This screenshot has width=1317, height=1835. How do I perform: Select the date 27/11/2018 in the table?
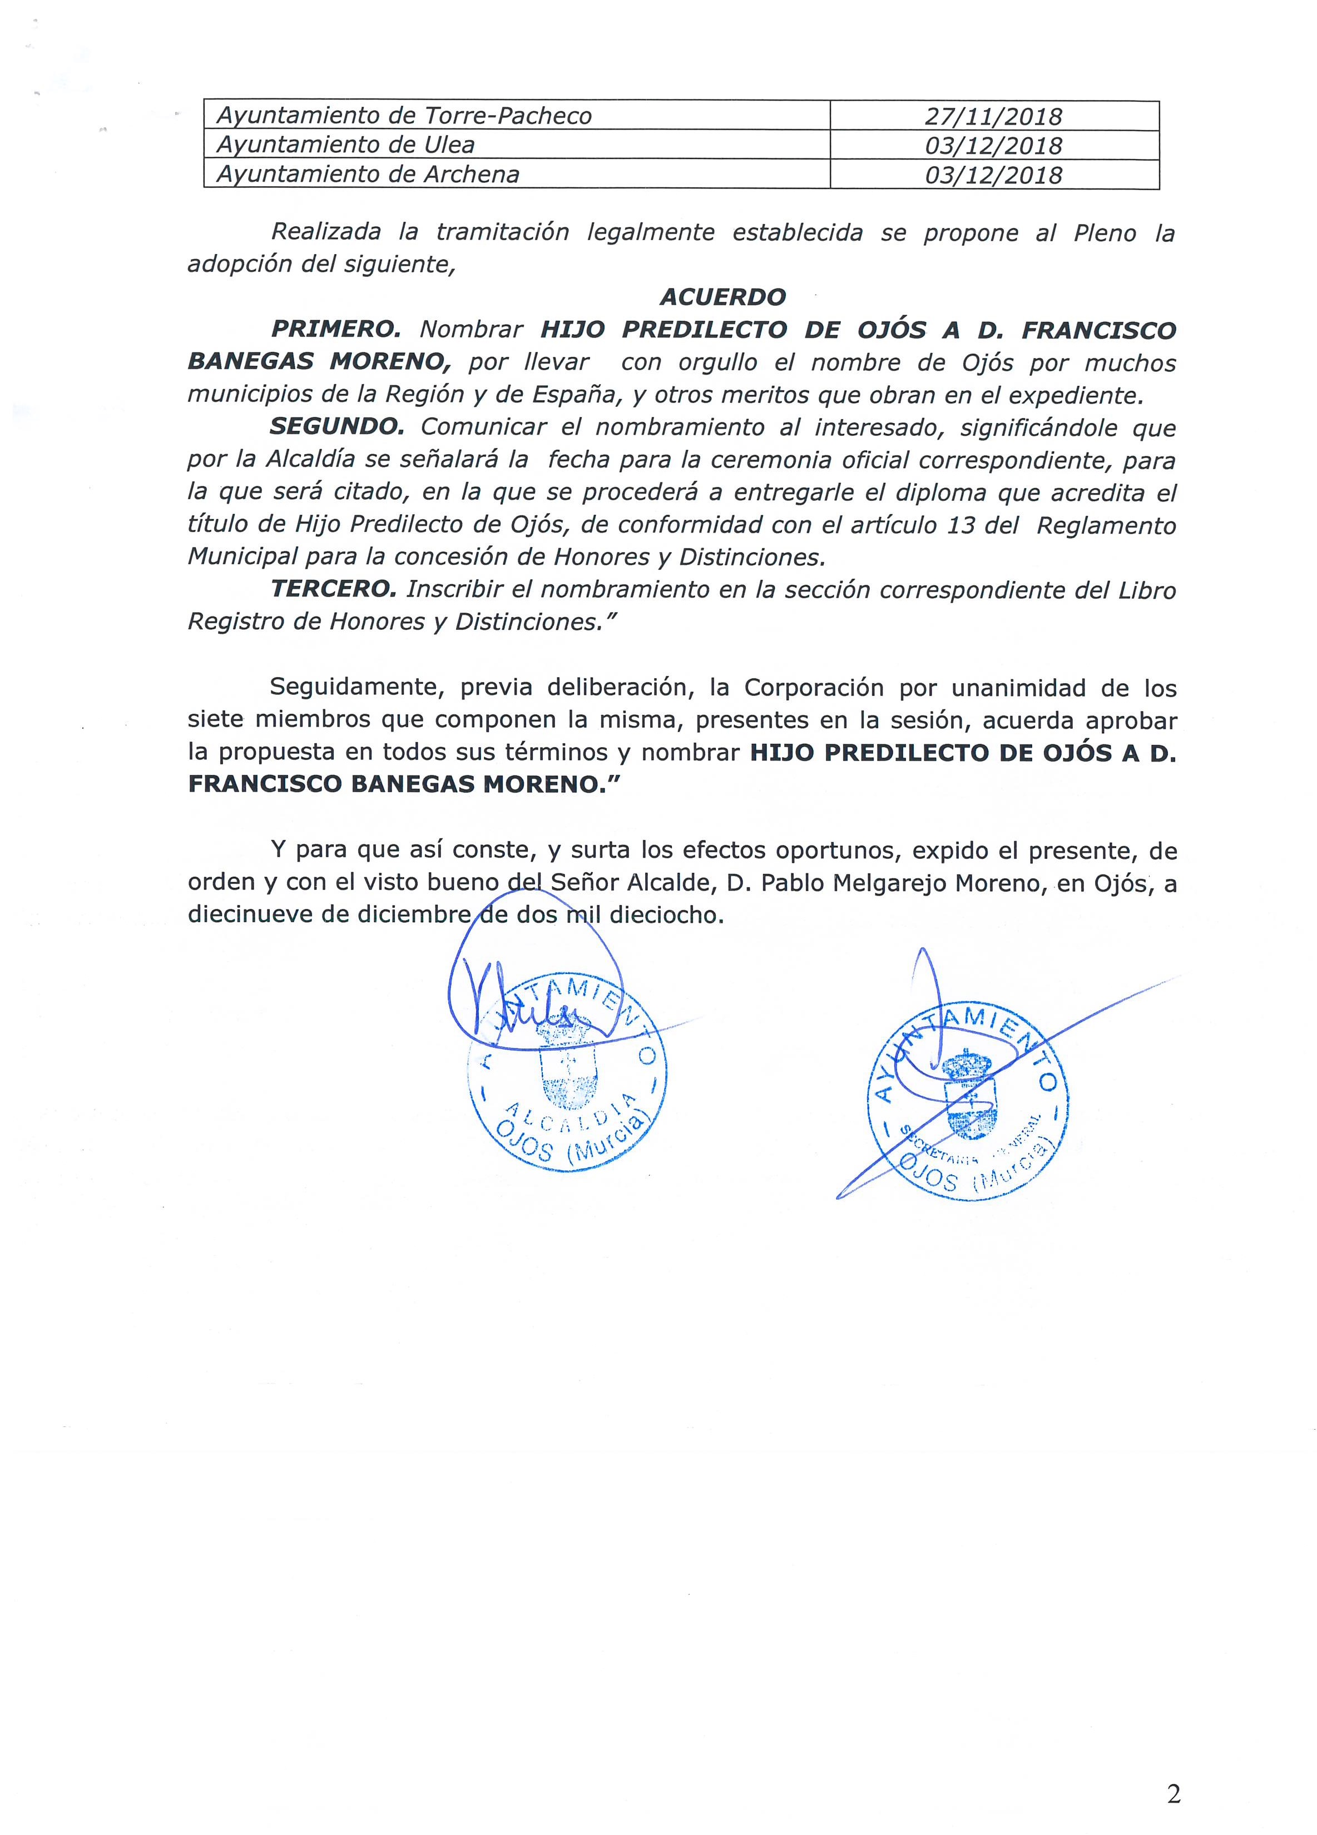coord(993,117)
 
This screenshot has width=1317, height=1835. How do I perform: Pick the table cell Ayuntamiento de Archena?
coord(368,175)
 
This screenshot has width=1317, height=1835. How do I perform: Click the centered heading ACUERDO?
coord(722,297)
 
